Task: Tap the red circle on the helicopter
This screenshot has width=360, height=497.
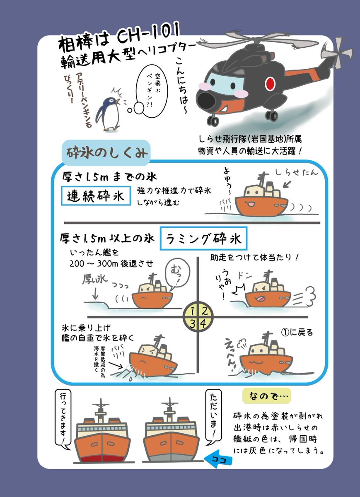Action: click(x=270, y=84)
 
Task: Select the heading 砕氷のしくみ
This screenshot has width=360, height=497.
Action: click(x=105, y=153)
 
